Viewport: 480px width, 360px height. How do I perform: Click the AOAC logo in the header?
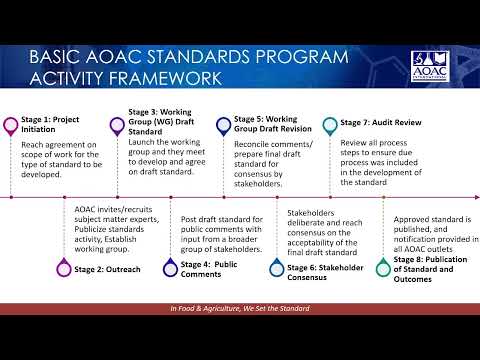click(x=430, y=66)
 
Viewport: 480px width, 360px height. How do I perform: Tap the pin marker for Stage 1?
click(x=11, y=126)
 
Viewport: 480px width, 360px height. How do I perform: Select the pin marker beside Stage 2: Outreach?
click(x=64, y=267)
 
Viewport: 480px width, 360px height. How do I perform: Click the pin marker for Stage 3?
click(x=117, y=126)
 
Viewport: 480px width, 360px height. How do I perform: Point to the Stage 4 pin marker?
click(x=170, y=267)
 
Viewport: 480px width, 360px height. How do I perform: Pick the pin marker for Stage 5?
click(x=223, y=126)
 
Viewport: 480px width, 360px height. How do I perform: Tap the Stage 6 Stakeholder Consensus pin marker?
click(x=277, y=267)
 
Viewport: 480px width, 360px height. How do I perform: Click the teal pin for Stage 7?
click(x=330, y=126)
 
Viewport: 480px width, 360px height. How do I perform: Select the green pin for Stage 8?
click(x=383, y=267)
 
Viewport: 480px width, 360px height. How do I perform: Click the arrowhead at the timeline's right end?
click(x=477, y=197)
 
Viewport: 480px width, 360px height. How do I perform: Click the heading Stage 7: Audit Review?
click(x=381, y=123)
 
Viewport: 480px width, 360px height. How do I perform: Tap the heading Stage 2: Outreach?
click(x=107, y=269)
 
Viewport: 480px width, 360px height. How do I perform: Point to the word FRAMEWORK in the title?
click(x=165, y=79)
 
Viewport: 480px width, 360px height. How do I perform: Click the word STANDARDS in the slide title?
click(x=198, y=57)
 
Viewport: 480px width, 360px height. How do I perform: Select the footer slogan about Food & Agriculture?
click(x=240, y=308)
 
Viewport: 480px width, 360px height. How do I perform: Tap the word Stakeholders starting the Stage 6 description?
click(x=311, y=213)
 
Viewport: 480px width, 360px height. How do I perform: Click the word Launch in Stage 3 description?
click(x=140, y=142)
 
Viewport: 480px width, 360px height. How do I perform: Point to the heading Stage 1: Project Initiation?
click(x=50, y=124)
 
